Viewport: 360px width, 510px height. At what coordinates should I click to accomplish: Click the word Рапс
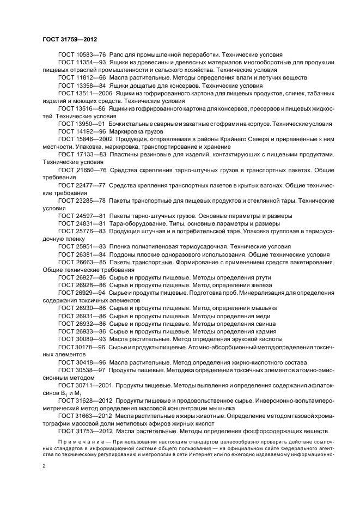pos(118,55)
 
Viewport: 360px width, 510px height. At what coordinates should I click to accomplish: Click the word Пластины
pos(125,155)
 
